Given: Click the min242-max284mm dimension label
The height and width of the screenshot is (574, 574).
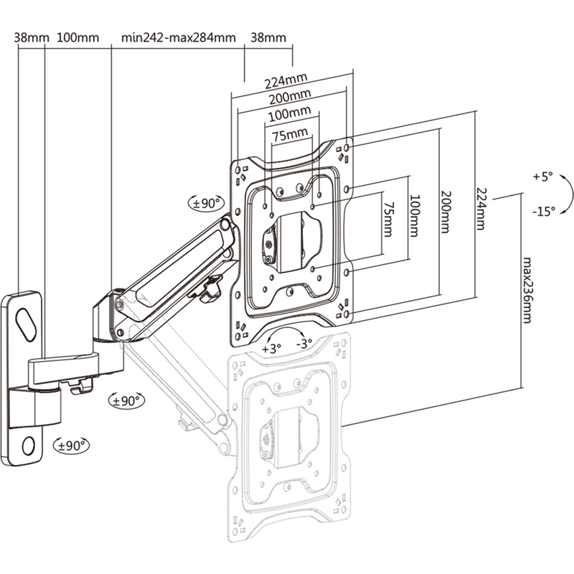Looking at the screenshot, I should [x=179, y=37].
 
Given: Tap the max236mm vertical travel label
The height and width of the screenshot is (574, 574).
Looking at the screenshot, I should [x=527, y=290].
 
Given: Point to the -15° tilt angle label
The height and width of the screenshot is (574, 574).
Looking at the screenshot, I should [x=545, y=212].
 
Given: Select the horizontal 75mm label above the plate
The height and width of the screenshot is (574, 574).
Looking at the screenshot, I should [x=288, y=133].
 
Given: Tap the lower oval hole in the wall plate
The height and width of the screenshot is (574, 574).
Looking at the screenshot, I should [x=29, y=445].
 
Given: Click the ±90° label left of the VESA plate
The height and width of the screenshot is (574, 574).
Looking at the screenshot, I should [x=207, y=204].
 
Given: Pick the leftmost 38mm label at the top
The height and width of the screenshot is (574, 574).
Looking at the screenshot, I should [x=30, y=37].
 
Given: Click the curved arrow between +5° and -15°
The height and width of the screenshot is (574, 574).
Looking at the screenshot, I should [x=567, y=194].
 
